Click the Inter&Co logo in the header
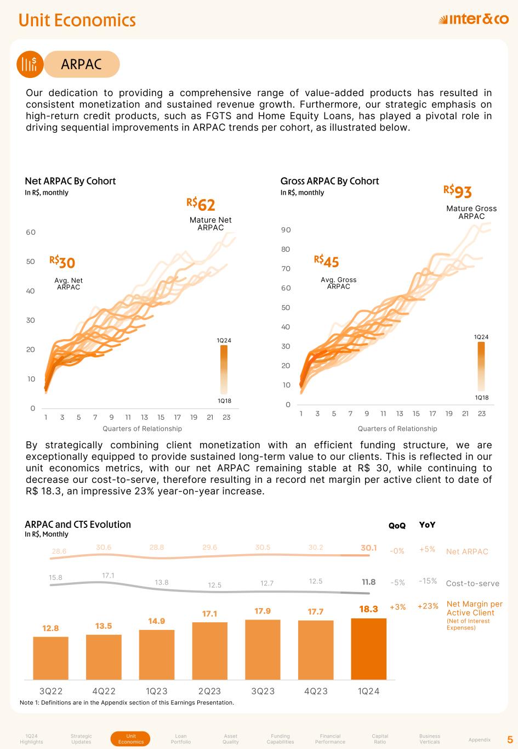pyautogui.click(x=474, y=20)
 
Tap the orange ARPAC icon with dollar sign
pyautogui.click(x=30, y=64)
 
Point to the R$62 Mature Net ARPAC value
pyautogui.click(x=201, y=205)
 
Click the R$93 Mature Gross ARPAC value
pyautogui.click(x=458, y=192)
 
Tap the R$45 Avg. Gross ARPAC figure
pyautogui.click(x=327, y=261)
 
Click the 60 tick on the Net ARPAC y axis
pyautogui.click(x=31, y=232)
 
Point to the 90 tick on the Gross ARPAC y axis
pyautogui.click(x=286, y=230)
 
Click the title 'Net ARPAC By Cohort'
pyautogui.click(x=70, y=181)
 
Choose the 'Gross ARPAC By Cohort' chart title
pyautogui.click(x=329, y=181)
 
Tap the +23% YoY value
pyautogui.click(x=428, y=606)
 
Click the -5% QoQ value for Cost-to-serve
pyautogui.click(x=397, y=582)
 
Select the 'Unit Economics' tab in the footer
pyautogui.click(x=131, y=739)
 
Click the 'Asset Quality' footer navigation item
pyautogui.click(x=230, y=739)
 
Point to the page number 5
pyautogui.click(x=510, y=739)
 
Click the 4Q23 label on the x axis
pyautogui.click(x=316, y=691)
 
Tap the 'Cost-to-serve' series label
pyautogui.click(x=473, y=583)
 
